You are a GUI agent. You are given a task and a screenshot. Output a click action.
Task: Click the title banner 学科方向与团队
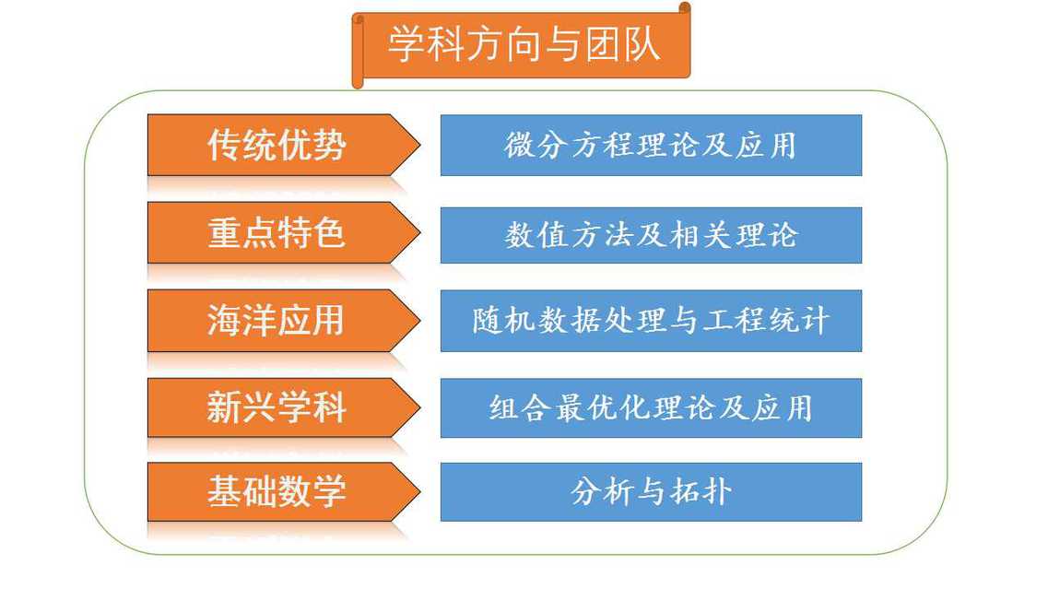[x=522, y=45]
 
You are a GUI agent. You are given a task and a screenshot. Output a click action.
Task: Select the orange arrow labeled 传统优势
[x=283, y=145]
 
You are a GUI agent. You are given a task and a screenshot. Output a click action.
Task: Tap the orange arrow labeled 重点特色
[x=283, y=232]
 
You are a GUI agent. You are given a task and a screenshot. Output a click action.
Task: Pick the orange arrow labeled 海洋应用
[x=283, y=320]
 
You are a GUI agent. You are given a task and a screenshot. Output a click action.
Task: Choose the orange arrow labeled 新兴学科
[x=283, y=407]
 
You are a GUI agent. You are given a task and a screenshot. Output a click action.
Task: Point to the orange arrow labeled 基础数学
[x=283, y=491]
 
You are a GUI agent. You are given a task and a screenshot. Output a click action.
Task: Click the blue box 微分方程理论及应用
[x=651, y=145]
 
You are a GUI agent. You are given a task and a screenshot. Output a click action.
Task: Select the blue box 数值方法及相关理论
[x=651, y=235]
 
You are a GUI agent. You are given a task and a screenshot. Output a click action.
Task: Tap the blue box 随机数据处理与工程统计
[x=651, y=321]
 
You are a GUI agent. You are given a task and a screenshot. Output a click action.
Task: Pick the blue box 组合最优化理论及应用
[x=651, y=407]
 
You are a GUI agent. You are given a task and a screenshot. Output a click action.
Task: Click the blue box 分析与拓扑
[x=651, y=492]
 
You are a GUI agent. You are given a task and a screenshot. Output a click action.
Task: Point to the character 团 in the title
[x=604, y=45]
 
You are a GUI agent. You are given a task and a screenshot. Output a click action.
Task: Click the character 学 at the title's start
[x=406, y=45]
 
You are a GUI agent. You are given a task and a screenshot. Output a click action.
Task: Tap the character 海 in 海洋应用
[x=224, y=320]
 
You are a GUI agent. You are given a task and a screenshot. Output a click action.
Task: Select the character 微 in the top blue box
[x=519, y=145]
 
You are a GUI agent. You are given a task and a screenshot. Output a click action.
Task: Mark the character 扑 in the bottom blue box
[x=716, y=492]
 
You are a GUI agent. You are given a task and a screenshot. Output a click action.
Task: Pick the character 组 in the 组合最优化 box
[x=503, y=407]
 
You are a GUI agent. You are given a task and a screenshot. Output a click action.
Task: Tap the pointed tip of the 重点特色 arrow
[x=419, y=232]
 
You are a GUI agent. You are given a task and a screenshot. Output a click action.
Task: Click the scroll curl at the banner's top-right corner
[x=685, y=8]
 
